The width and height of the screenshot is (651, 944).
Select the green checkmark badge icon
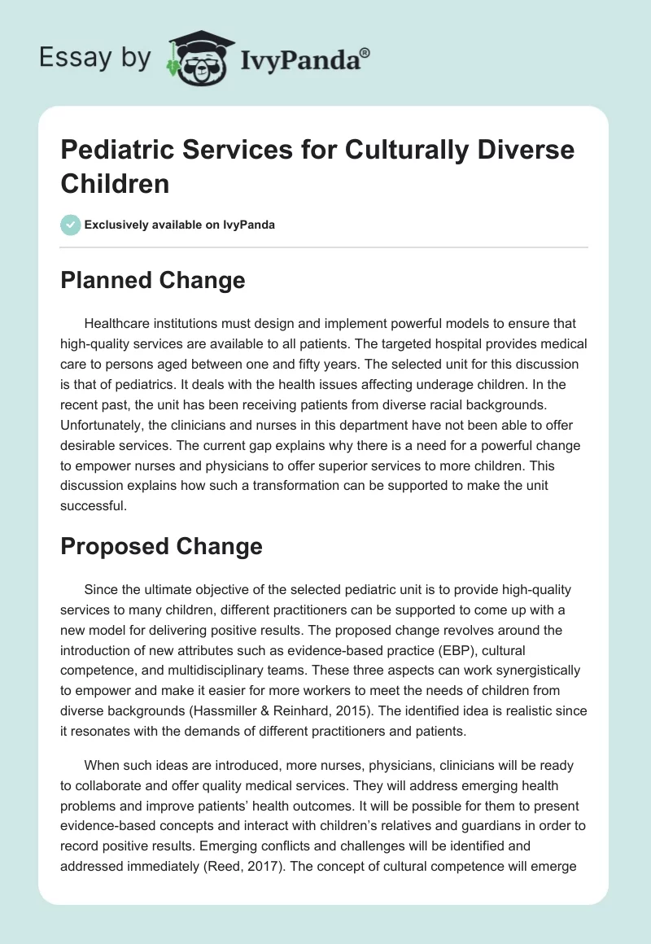point(71,225)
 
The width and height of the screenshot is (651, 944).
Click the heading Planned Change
point(153,281)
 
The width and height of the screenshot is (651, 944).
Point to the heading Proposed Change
point(161,546)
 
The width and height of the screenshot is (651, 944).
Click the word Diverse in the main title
point(529,150)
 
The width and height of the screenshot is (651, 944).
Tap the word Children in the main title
point(115,183)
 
